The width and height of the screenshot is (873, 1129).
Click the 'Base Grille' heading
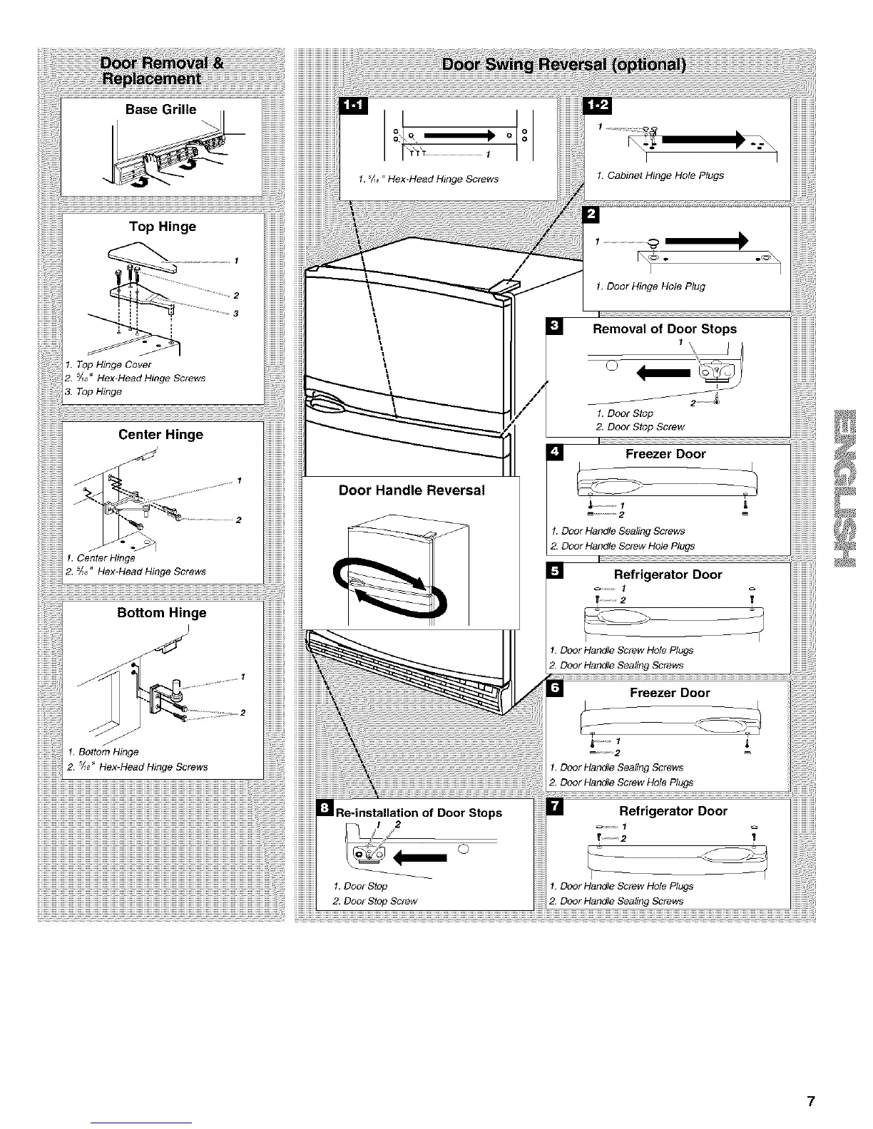(x=160, y=109)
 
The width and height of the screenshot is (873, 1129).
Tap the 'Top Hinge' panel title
(x=162, y=227)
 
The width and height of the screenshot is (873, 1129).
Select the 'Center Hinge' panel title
(x=160, y=435)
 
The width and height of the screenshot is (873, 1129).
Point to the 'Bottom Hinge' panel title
(x=161, y=613)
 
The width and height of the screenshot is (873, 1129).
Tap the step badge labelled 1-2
(x=593, y=106)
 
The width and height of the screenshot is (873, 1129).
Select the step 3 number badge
(x=554, y=327)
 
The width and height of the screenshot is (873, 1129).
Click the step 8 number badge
(x=325, y=808)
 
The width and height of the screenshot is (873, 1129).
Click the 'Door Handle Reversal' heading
(x=412, y=490)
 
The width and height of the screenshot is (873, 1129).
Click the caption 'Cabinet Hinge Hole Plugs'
(x=660, y=175)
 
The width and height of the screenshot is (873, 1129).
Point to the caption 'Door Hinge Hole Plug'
(x=650, y=287)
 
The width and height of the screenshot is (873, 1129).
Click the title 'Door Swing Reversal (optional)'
(x=563, y=66)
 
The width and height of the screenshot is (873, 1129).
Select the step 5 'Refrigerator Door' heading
(x=668, y=574)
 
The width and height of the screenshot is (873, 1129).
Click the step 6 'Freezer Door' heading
(x=670, y=693)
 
